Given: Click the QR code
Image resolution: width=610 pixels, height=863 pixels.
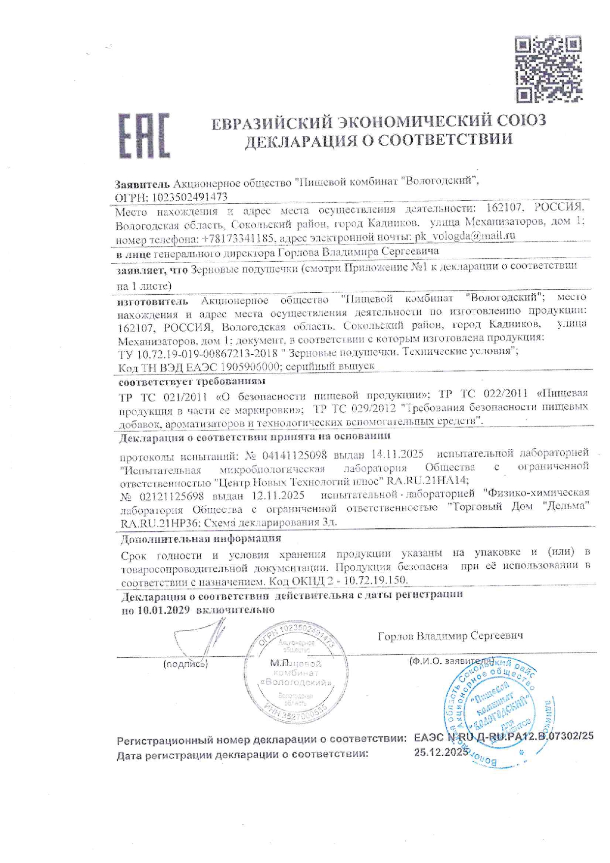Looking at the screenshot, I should [548, 69].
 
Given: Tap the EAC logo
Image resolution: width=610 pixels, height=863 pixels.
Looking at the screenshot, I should [144, 136].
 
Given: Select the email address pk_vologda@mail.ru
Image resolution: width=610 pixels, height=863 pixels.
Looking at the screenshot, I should [465, 236].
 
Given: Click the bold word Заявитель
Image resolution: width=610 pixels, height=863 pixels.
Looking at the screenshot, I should [142, 184].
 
